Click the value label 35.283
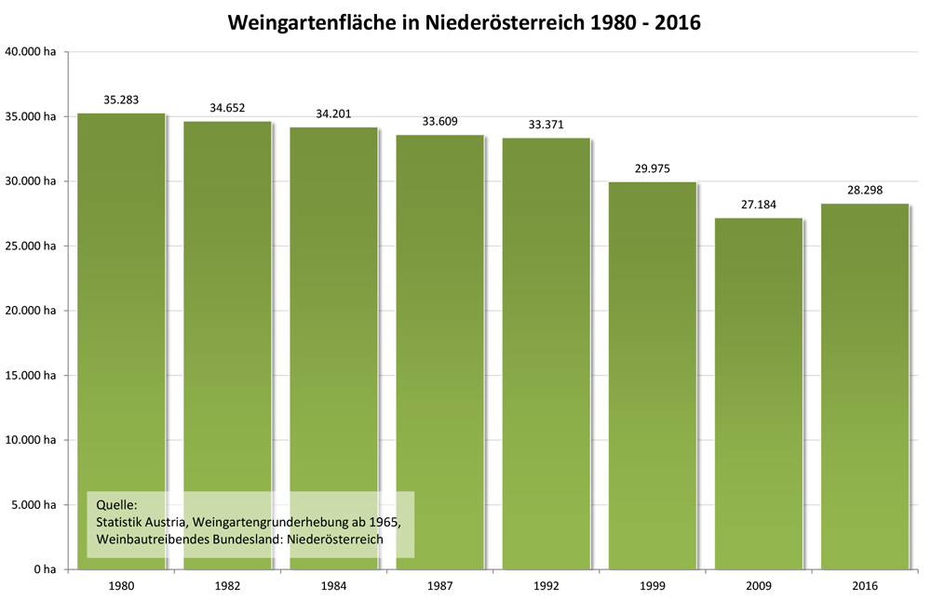pyautogui.click(x=121, y=99)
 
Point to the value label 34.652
pyautogui.click(x=227, y=108)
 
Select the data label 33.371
pyautogui.click(x=546, y=124)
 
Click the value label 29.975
pyautogui.click(x=652, y=168)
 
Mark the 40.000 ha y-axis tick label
pyautogui.click(x=31, y=52)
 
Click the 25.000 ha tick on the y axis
pyautogui.click(x=31, y=246)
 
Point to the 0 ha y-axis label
pyautogui.click(x=43, y=569)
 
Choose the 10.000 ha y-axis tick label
pyautogui.click(x=31, y=440)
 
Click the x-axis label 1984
pyautogui.click(x=333, y=587)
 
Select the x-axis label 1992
pyautogui.click(x=546, y=587)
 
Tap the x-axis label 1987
pyautogui.click(x=439, y=587)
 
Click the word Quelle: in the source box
pyautogui.click(x=116, y=504)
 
